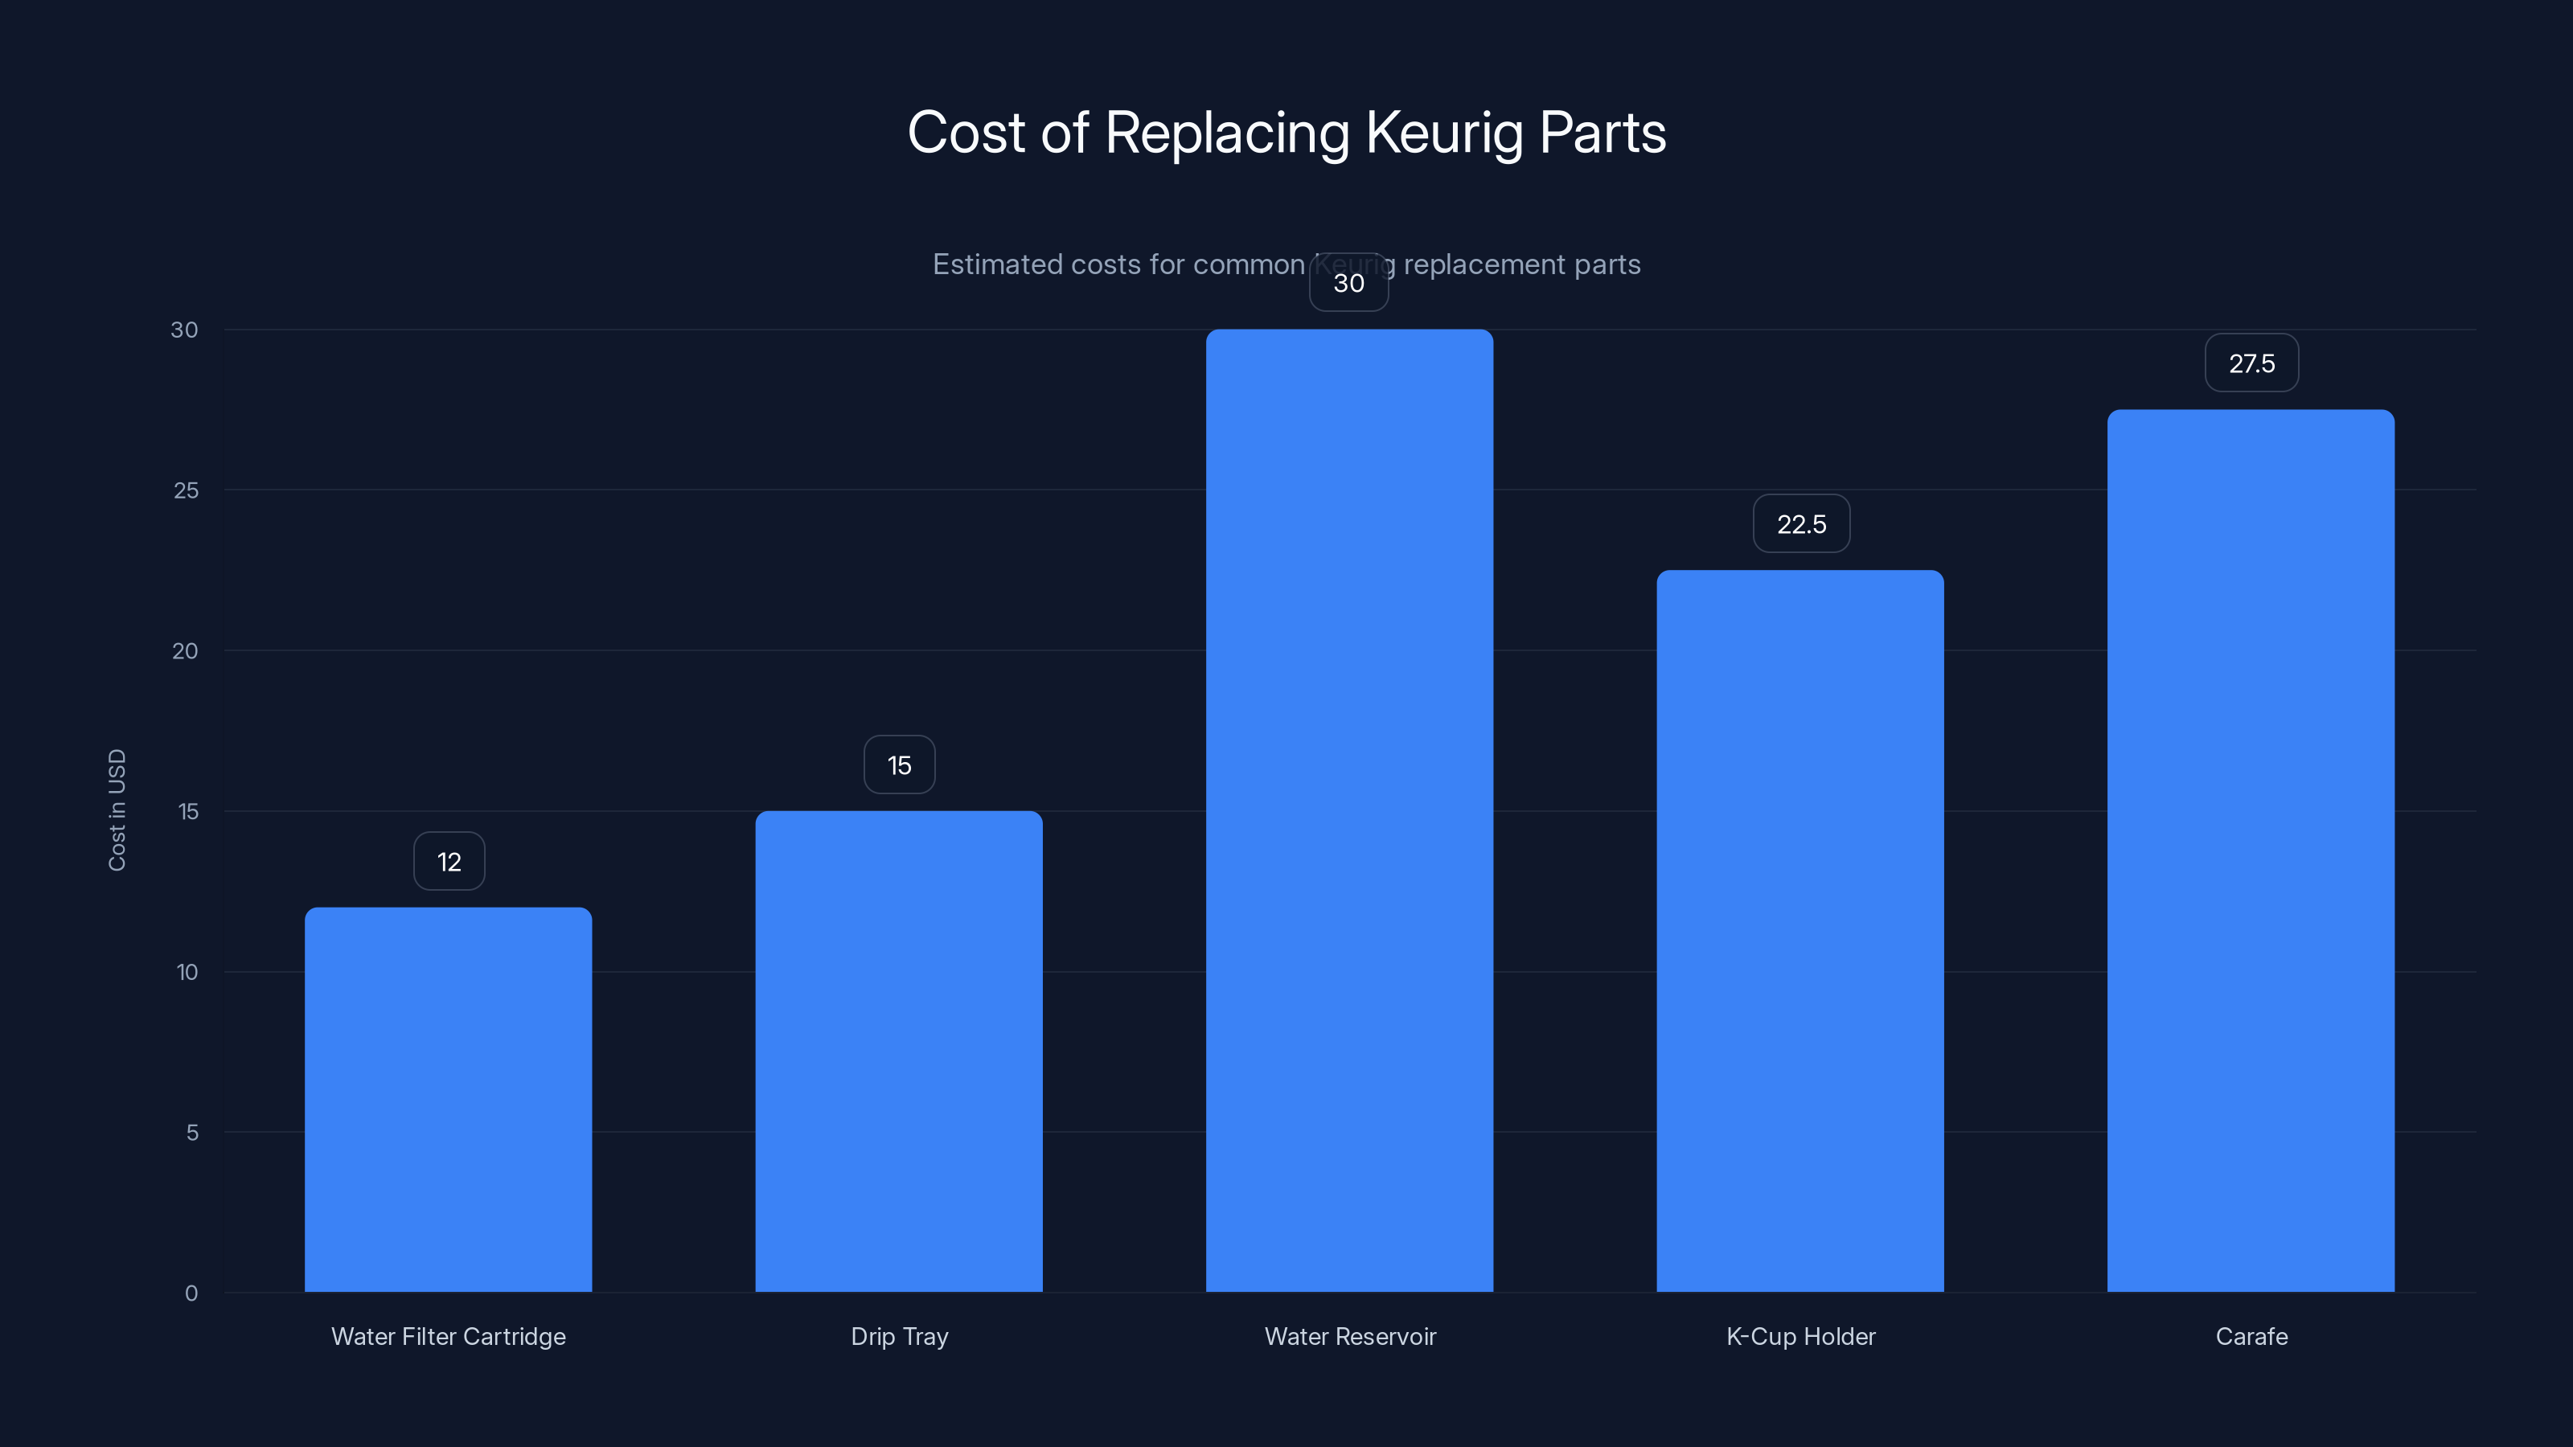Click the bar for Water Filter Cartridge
tap(448, 1098)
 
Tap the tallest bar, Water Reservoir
tap(1349, 810)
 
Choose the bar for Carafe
tap(2251, 850)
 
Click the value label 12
tap(449, 862)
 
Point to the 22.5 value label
tap(1801, 524)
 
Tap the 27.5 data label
tap(2251, 363)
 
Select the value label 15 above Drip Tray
tap(899, 765)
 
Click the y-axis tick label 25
tap(186, 490)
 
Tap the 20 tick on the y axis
tap(185, 651)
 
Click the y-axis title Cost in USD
tap(117, 810)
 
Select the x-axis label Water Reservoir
tap(1349, 1336)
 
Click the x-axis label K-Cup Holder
tap(1800, 1336)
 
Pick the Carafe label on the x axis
tap(2251, 1336)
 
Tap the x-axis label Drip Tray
tap(899, 1336)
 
